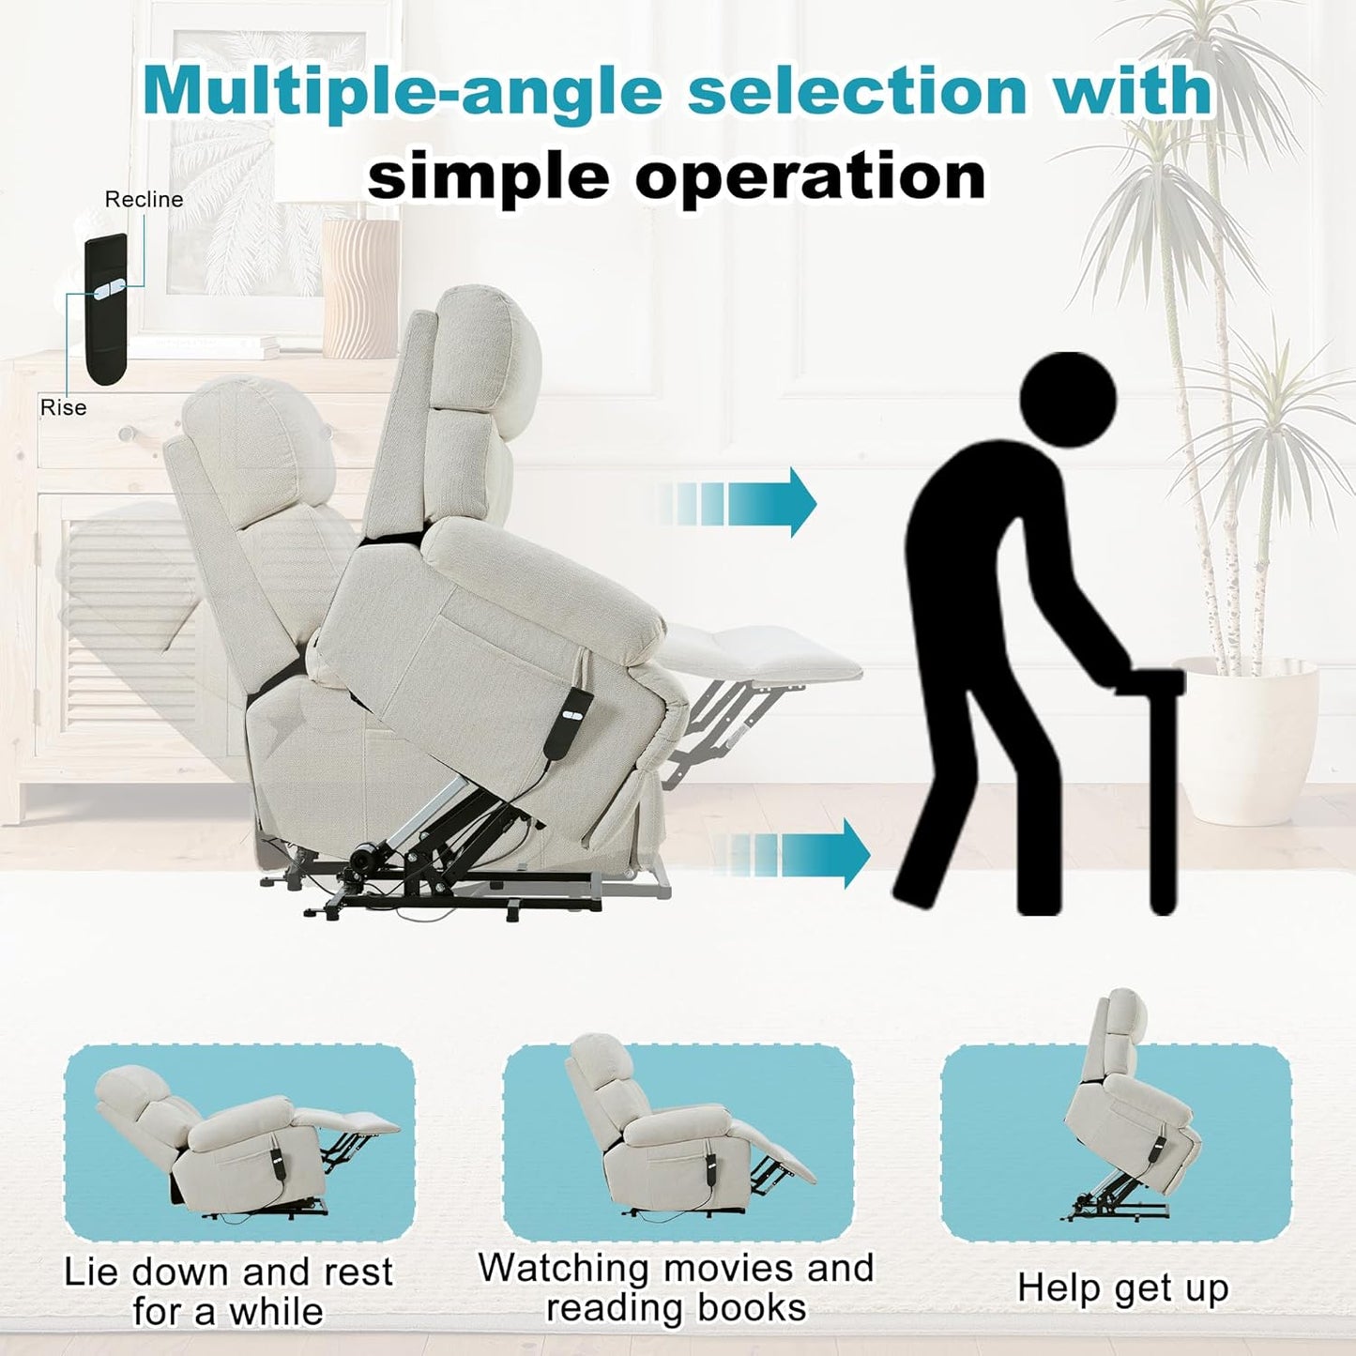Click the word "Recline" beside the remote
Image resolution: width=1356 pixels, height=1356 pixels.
[144, 200]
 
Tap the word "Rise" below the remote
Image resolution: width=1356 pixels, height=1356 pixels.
[63, 407]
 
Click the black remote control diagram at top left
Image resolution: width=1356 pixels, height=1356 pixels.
[105, 310]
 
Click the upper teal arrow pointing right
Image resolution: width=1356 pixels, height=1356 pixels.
[739, 502]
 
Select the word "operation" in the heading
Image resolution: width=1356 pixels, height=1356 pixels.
[809, 174]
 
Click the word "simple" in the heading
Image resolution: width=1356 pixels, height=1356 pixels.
[488, 174]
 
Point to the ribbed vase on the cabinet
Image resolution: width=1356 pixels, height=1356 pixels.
[360, 288]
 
